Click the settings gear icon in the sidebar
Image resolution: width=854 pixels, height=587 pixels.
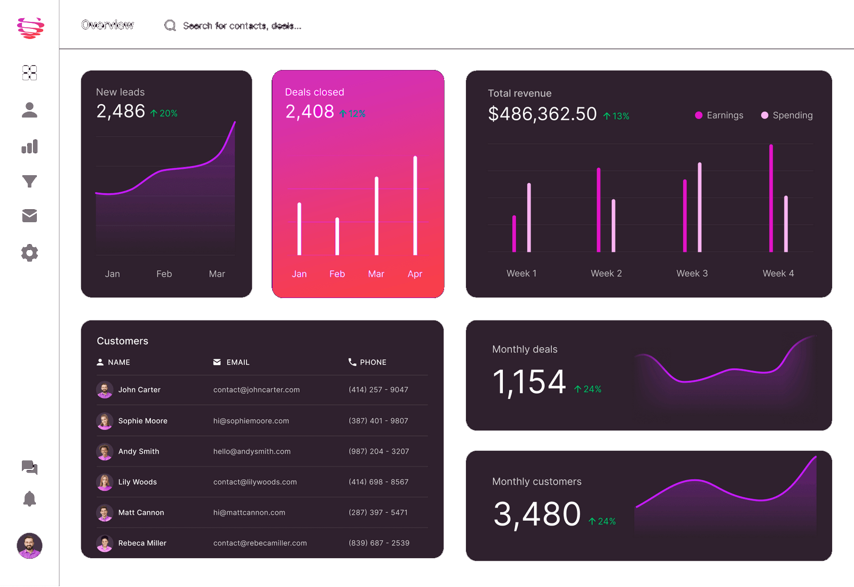[29, 253]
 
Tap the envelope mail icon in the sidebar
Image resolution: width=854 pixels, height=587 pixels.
[29, 216]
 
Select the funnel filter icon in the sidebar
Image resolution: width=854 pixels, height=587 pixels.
[29, 182]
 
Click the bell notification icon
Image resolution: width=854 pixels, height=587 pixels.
[29, 499]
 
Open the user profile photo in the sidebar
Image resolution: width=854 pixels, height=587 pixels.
[29, 545]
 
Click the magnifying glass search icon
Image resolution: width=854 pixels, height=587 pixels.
[170, 26]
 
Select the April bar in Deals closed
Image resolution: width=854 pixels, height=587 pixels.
[415, 206]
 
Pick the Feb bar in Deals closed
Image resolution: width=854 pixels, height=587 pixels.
[337, 236]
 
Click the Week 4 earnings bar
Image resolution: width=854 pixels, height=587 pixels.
[771, 198]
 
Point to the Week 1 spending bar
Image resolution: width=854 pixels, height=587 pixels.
[529, 217]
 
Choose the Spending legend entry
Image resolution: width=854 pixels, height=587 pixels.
[787, 115]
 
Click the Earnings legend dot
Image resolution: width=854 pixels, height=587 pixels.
[698, 115]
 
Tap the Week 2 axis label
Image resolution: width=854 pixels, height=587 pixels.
[606, 273]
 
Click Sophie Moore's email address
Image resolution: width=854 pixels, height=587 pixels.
[251, 421]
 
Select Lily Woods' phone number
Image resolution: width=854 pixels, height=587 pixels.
[378, 482]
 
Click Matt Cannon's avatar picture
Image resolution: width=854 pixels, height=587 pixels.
[105, 513]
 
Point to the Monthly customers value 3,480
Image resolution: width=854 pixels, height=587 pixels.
[537, 514]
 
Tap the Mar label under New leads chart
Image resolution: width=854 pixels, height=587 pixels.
[217, 274]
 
